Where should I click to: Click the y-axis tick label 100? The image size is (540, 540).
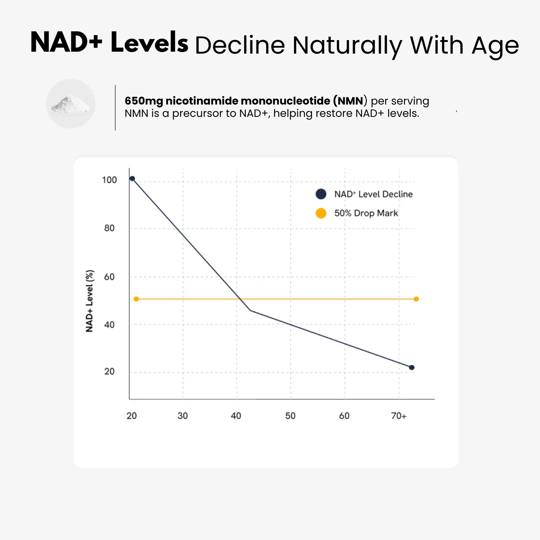[109, 180]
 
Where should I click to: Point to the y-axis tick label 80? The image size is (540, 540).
[109, 228]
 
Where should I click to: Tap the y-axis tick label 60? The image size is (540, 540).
[109, 277]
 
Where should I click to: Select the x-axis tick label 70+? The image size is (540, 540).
[399, 416]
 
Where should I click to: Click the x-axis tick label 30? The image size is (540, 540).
[182, 416]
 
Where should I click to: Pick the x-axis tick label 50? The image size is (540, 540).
[290, 416]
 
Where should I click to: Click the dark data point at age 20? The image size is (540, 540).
[132, 179]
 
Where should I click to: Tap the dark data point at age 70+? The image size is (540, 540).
[412, 368]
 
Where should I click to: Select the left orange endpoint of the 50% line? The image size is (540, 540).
[136, 299]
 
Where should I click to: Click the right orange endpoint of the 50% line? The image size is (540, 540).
[416, 299]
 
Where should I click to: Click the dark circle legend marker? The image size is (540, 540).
[321, 194]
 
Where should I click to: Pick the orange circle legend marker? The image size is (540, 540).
[321, 213]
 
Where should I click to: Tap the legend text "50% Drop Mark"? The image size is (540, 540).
[366, 213]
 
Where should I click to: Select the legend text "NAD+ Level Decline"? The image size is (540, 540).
[373, 194]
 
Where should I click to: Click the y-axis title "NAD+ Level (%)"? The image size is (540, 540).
[89, 301]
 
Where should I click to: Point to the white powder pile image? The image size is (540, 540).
[71, 104]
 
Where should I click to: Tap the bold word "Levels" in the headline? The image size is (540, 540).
[149, 43]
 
